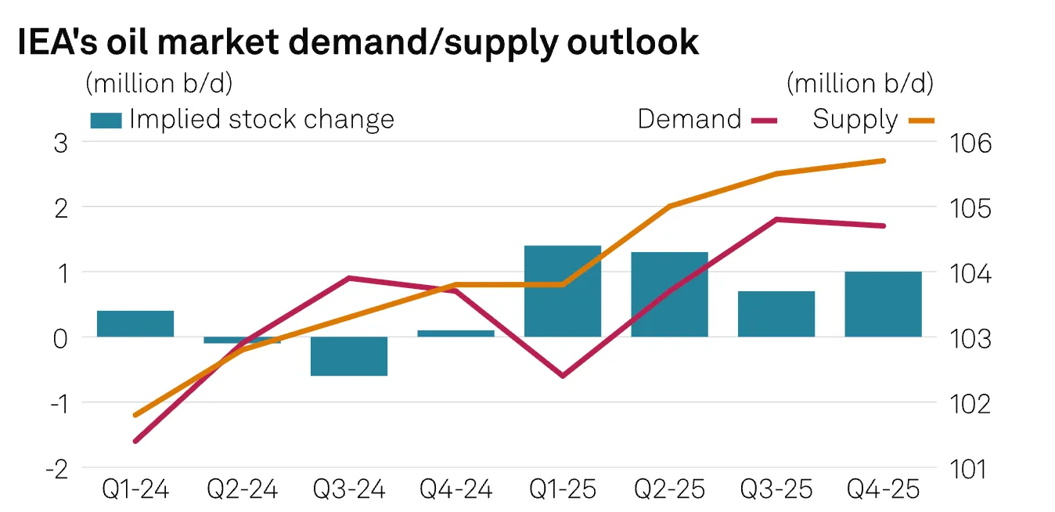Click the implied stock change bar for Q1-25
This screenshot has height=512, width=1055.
pyautogui.click(x=563, y=291)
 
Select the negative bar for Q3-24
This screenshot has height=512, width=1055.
pyautogui.click(x=349, y=356)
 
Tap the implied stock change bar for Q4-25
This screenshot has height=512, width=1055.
pyautogui.click(x=884, y=305)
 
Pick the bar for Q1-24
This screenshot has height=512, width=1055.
pyautogui.click(x=135, y=324)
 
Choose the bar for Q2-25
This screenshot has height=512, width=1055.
pyautogui.click(x=669, y=294)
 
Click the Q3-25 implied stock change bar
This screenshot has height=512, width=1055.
pyautogui.click(x=776, y=314)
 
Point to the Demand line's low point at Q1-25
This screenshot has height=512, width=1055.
pyautogui.click(x=563, y=376)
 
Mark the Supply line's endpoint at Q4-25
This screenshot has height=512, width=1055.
pyautogui.click(x=884, y=160)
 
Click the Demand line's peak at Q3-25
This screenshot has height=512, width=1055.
pyautogui.click(x=776, y=219)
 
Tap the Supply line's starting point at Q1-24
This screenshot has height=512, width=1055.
pyautogui.click(x=135, y=415)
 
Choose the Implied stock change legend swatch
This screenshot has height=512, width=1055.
pyautogui.click(x=106, y=121)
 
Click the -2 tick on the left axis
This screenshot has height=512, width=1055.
pyautogui.click(x=58, y=468)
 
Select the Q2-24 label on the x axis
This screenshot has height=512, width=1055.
pyautogui.click(x=243, y=490)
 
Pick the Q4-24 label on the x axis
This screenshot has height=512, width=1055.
pyautogui.click(x=456, y=490)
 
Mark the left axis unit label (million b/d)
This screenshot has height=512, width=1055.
pyautogui.click(x=159, y=82)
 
